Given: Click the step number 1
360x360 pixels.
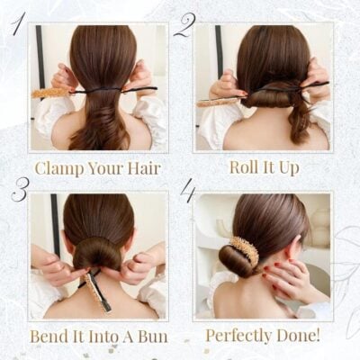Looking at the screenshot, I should [15, 25].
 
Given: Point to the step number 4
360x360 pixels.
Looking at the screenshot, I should [187, 192].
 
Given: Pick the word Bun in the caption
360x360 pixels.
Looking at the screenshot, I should [147, 335].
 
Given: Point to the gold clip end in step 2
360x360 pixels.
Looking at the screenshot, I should [214, 102].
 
